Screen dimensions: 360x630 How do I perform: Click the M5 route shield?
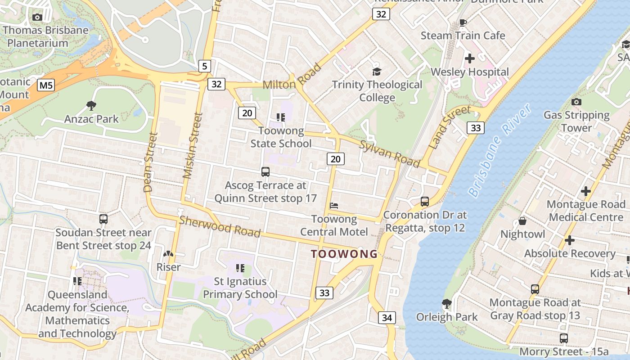click(x=45, y=85)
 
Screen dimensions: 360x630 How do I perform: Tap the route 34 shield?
click(x=387, y=318)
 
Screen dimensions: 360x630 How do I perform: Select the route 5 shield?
click(x=204, y=67)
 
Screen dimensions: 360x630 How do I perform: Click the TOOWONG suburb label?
click(x=344, y=254)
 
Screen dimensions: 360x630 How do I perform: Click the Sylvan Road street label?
click(x=390, y=153)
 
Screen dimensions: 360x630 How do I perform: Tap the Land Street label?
click(x=450, y=127)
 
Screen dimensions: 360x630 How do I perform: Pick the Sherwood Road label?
click(x=220, y=226)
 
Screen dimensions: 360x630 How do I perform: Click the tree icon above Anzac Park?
click(x=91, y=106)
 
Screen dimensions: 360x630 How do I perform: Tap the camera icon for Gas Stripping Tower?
click(x=576, y=102)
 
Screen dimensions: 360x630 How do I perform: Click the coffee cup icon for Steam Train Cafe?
click(x=463, y=22)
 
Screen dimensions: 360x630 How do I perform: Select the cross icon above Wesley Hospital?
click(x=469, y=58)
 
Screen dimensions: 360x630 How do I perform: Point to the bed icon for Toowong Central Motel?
click(x=334, y=206)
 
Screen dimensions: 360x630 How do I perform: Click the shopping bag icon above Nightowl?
click(x=522, y=221)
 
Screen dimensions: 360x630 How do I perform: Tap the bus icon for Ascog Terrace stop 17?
click(x=265, y=171)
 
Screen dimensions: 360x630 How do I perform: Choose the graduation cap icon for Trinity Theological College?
click(x=377, y=72)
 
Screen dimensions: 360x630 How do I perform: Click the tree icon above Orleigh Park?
click(x=446, y=303)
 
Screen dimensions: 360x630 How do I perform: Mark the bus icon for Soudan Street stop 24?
click(x=103, y=219)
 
